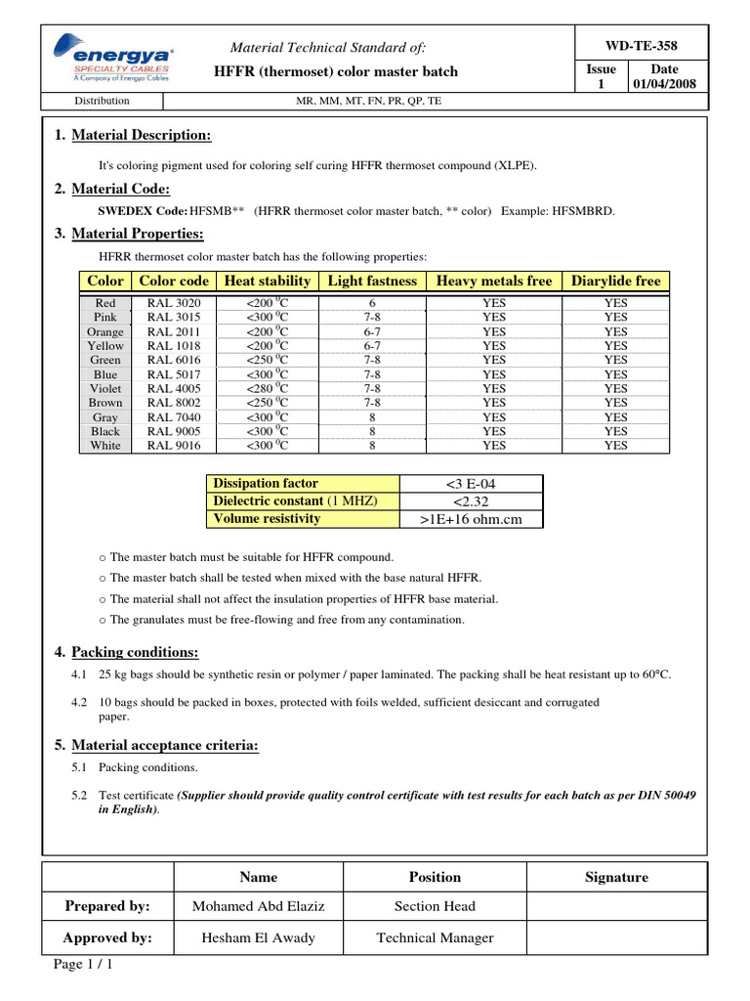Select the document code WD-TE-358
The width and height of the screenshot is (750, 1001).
pos(641,46)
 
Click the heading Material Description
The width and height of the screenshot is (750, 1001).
pos(141,135)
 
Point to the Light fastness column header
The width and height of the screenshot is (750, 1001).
pos(372,281)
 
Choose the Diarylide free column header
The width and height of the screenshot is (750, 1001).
pos(615,281)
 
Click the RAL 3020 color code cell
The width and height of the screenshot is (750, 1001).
pos(174,303)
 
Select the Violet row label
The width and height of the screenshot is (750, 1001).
pos(105,388)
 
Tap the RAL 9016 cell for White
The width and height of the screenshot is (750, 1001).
pos(174,446)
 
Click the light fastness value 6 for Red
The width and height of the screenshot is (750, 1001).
pos(372,303)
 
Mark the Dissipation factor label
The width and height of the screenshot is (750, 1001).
pos(266,483)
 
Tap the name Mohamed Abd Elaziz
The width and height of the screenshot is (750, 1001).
pos(258,906)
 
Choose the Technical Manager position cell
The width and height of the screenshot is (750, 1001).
pos(435,937)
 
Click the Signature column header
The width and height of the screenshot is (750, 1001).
pos(616,877)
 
